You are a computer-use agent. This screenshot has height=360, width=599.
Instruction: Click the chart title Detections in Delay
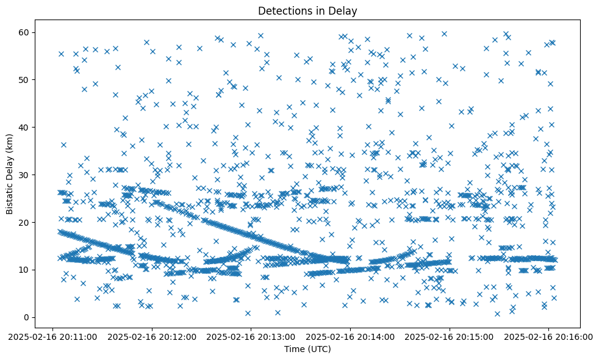307,10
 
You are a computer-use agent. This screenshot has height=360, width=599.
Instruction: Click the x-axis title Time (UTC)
307,349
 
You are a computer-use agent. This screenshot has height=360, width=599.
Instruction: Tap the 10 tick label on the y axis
25,270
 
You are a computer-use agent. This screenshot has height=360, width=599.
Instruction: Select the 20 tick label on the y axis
25,222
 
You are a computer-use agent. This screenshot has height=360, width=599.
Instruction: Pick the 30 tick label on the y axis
25,175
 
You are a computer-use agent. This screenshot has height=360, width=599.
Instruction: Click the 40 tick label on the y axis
25,127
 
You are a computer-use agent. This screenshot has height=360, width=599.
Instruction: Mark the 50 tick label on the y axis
25,79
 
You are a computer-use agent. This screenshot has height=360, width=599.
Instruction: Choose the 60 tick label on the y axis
25,32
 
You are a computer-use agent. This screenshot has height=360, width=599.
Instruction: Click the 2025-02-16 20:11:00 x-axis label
53,336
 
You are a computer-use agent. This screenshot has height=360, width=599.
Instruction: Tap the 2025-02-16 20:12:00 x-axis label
152,336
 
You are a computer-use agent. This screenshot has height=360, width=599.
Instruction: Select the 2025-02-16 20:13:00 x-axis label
251,336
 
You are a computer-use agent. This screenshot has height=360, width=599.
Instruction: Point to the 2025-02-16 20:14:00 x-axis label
351,336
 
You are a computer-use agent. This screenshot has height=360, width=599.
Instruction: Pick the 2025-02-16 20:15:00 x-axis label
450,336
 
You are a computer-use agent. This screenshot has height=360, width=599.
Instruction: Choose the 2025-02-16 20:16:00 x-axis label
548,336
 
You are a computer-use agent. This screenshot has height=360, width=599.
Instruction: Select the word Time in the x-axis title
295,349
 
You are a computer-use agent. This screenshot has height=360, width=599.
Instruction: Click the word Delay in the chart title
344,10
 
